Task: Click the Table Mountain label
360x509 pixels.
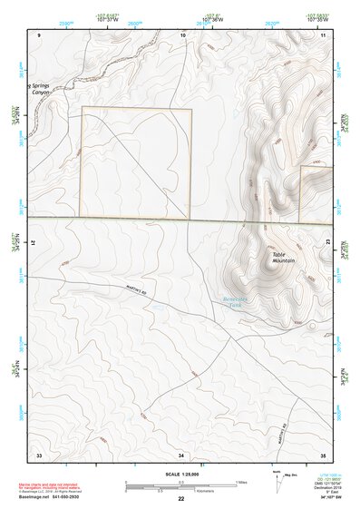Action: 284,258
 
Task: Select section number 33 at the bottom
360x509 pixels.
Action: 39,453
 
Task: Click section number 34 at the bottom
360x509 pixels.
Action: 181,453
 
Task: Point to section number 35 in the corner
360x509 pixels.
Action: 324,453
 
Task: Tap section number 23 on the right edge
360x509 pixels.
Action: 327,239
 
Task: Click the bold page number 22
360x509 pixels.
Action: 181,499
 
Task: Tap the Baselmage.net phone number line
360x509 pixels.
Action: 57,498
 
